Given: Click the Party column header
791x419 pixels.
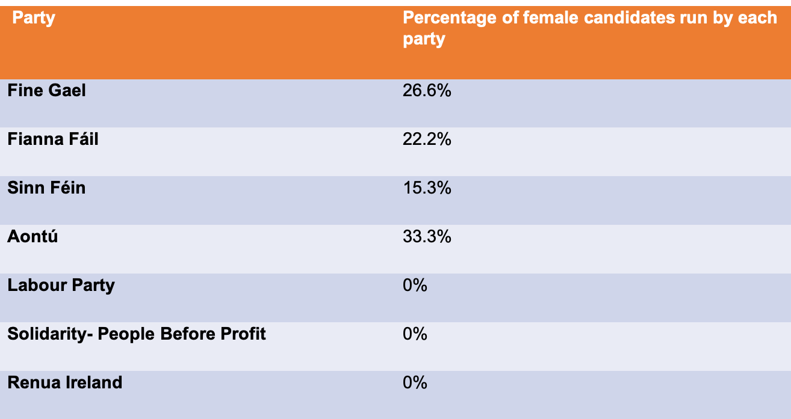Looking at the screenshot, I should pyautogui.click(x=34, y=18).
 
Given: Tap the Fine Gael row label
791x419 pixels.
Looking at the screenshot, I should pyautogui.click(x=46, y=91).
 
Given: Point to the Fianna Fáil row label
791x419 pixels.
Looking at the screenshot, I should pyautogui.click(x=52, y=139).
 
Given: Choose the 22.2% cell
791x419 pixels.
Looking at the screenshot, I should pyautogui.click(x=426, y=139).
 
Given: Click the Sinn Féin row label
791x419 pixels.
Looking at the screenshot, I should pyautogui.click(x=46, y=188).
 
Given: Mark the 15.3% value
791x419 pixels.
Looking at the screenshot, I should pyautogui.click(x=426, y=188).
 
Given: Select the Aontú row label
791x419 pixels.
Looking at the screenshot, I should pyautogui.click(x=33, y=237).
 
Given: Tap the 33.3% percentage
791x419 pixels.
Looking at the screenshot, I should pyautogui.click(x=426, y=237).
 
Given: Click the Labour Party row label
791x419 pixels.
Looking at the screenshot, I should pyautogui.click(x=61, y=285).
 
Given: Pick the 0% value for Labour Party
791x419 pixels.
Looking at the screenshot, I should pyautogui.click(x=415, y=285).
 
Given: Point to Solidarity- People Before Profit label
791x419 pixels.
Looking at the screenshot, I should pyautogui.click(x=137, y=334).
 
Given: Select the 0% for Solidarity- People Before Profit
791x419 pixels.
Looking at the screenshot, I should pyautogui.click(x=415, y=334).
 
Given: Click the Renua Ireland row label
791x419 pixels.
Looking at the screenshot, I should pyautogui.click(x=64, y=382).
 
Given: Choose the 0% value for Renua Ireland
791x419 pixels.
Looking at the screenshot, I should pyautogui.click(x=415, y=382).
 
